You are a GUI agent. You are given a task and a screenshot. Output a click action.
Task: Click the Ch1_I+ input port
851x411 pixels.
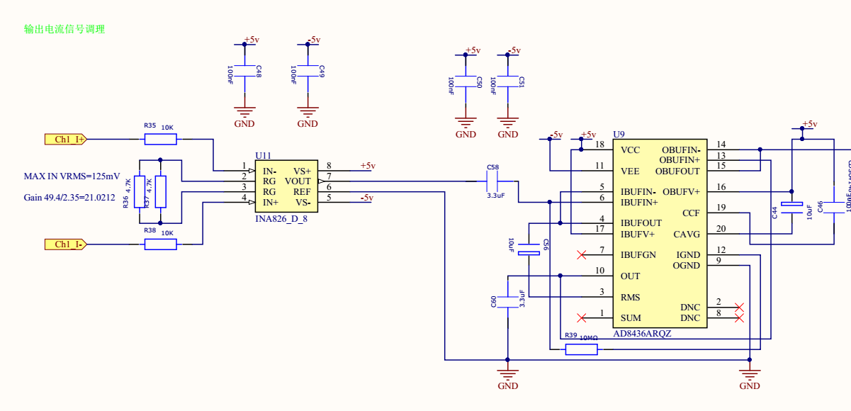click(x=64, y=139)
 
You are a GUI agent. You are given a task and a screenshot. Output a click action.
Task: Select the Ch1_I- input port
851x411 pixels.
click(x=64, y=244)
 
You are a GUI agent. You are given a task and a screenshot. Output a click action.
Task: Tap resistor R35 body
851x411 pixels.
click(x=161, y=139)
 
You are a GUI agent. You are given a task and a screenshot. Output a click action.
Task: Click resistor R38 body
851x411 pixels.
click(x=161, y=244)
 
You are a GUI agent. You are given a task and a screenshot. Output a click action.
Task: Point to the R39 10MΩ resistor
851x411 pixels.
click(x=582, y=349)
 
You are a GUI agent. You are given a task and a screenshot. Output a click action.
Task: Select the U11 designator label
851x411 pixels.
click(x=263, y=156)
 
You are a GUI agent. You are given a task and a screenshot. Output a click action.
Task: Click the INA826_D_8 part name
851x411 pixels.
click(x=281, y=219)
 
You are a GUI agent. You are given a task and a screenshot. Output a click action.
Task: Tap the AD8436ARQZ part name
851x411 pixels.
click(x=642, y=334)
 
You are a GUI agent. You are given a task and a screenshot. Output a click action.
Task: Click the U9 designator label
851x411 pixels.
click(x=619, y=135)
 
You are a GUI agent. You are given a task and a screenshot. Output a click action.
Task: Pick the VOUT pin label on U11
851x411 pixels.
click(x=298, y=181)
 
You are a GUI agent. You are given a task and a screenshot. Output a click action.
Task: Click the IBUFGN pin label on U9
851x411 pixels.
click(x=638, y=254)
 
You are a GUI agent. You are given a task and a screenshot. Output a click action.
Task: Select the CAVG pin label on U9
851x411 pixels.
click(x=687, y=234)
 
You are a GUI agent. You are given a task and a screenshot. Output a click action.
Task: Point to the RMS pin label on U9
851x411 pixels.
click(x=630, y=297)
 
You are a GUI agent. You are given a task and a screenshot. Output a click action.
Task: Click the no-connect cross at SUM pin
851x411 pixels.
click(x=582, y=317)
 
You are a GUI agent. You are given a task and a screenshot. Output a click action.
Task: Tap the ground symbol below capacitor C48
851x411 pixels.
click(x=244, y=112)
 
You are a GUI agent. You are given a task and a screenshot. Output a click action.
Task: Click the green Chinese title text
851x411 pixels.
click(x=64, y=29)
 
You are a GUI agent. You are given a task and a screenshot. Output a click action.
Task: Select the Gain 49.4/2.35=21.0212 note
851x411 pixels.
click(x=69, y=198)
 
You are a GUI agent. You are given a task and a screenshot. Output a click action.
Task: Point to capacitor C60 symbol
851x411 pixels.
click(x=507, y=302)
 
